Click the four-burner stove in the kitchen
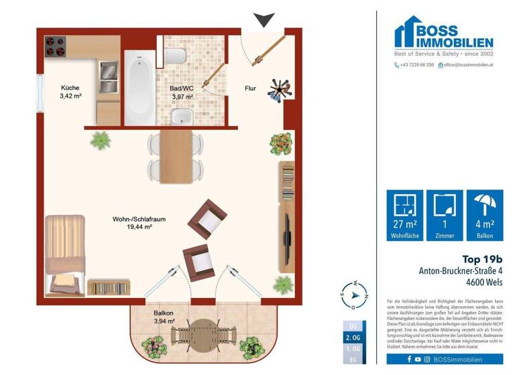55,46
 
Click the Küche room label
70,92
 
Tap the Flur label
250,88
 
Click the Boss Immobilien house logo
410,33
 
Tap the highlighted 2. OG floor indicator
355,339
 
